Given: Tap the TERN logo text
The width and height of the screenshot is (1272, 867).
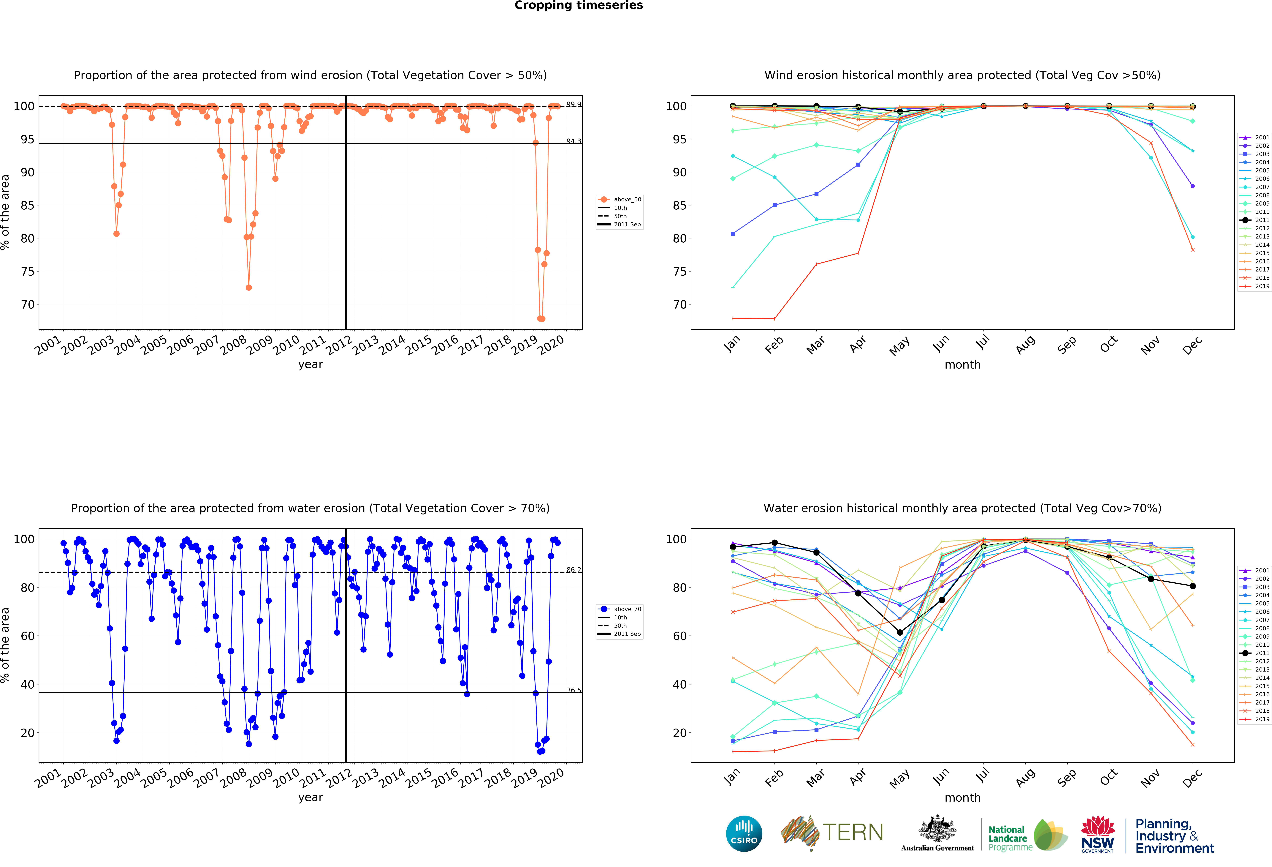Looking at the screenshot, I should pyautogui.click(x=853, y=833).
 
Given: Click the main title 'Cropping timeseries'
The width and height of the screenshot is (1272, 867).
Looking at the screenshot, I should pyautogui.click(x=579, y=5).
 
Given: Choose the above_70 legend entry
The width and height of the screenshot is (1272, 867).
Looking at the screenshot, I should pyautogui.click(x=620, y=609).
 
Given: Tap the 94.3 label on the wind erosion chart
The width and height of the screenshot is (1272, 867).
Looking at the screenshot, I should pyautogui.click(x=573, y=141).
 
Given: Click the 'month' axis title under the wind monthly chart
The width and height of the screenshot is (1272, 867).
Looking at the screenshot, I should pyautogui.click(x=962, y=364).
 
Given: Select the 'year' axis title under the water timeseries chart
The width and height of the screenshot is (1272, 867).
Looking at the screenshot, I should pyautogui.click(x=310, y=797).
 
